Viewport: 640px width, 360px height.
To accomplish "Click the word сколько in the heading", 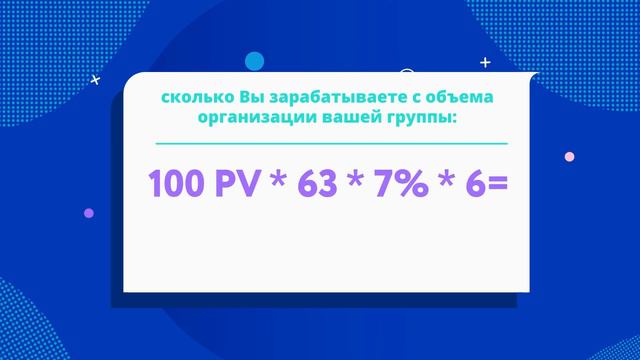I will (197, 98).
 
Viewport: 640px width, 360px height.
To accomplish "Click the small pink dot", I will (570, 156).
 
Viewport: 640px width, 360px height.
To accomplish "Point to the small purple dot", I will (89, 212).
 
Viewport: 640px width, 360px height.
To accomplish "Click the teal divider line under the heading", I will (327, 144).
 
